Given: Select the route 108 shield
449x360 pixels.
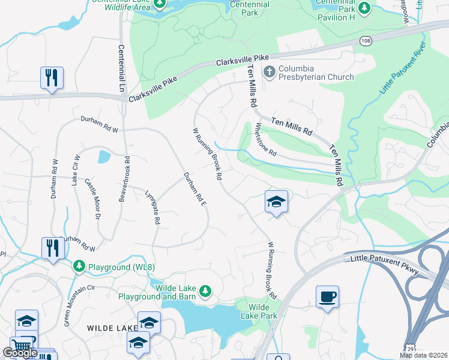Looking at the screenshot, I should [x=365, y=40].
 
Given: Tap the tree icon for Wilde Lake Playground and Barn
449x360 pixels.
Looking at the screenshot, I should [x=205, y=291].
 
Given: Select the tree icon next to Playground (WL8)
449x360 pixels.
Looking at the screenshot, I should [x=79, y=265].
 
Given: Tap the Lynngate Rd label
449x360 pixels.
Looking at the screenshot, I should [x=152, y=208].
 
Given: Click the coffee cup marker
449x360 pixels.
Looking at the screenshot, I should [x=327, y=297].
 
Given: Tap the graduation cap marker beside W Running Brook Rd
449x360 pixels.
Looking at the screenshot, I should [x=277, y=202].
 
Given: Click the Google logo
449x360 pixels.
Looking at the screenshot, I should [x=20, y=353].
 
